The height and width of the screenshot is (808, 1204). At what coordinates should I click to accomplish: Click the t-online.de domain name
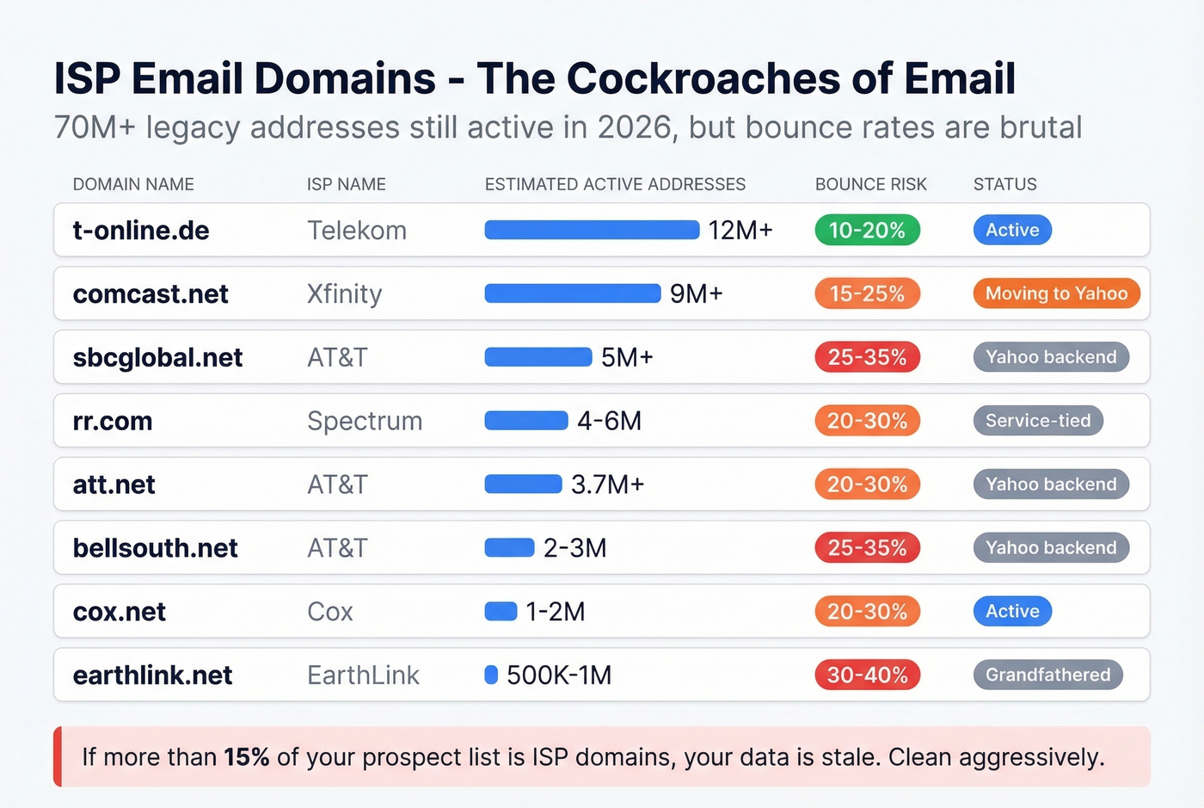[x=141, y=231]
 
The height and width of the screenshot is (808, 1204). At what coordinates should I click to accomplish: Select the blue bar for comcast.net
[x=572, y=293]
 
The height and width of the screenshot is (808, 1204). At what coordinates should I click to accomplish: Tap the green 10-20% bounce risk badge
[x=867, y=230]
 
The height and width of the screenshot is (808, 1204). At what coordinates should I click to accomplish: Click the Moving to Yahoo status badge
[x=1056, y=293]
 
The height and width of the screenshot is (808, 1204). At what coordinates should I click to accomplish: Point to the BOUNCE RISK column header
[x=870, y=184]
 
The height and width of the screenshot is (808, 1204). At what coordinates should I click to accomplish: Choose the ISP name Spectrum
[x=365, y=421]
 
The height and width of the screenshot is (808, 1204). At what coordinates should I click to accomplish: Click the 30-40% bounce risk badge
[x=867, y=675]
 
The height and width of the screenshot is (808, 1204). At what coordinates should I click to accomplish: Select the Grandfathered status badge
[x=1047, y=675]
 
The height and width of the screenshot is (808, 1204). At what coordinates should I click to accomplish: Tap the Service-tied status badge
[x=1037, y=421]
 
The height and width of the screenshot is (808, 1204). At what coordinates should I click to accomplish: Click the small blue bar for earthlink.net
[x=491, y=675]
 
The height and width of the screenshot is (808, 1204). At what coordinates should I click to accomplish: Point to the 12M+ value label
[x=740, y=231]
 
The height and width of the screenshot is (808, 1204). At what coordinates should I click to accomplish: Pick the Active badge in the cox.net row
[x=1012, y=611]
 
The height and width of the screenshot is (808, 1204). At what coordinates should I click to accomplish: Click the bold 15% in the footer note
[x=247, y=757]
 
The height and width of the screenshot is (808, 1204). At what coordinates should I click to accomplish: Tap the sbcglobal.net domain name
[x=157, y=357]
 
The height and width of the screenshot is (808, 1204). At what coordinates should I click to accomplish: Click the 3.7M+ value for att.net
[x=607, y=484]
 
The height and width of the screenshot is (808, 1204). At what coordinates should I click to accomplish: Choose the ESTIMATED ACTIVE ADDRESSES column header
[x=615, y=184]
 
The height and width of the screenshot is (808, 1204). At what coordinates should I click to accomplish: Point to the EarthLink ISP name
[x=363, y=675]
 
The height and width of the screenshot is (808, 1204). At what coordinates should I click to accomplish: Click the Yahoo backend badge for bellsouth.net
[x=1050, y=547]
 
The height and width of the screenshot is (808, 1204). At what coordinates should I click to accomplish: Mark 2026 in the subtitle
[x=634, y=127]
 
